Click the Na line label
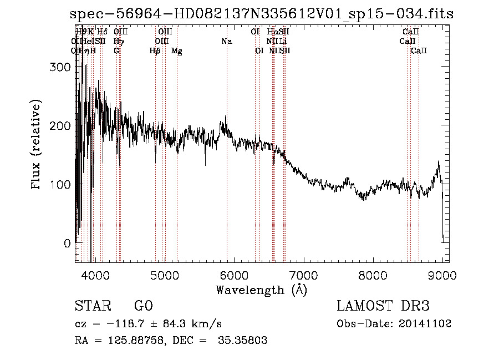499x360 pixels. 226,41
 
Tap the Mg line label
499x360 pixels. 177,50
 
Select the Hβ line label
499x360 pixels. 155,50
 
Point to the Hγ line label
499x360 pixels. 119,41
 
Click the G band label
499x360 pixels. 116,50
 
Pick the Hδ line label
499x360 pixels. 102,32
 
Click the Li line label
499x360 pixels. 283,41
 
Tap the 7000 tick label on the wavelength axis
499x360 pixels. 303,275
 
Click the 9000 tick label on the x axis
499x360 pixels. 442,275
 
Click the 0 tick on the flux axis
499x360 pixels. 68,243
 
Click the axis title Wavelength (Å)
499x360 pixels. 261,290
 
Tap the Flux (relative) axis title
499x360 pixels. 37,145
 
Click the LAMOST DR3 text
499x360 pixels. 383,307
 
